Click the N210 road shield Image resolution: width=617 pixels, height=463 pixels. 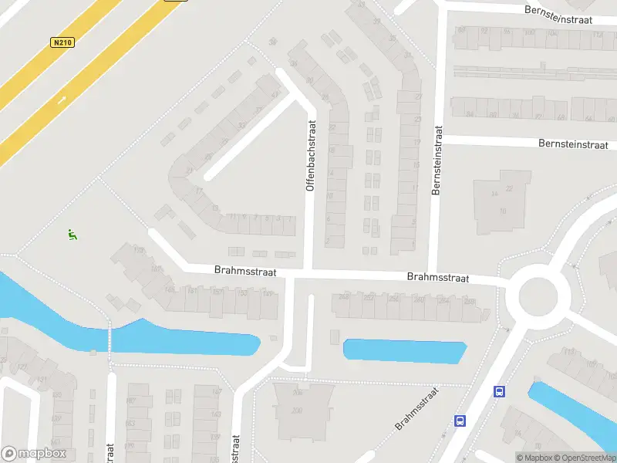(62, 42)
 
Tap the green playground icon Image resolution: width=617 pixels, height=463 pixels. (72, 235)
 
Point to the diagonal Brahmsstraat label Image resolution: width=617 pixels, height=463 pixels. (416, 409)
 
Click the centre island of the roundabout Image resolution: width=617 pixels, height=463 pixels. (538, 295)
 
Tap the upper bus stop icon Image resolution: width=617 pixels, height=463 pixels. (499, 391)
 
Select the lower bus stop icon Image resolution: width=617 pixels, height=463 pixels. (460, 421)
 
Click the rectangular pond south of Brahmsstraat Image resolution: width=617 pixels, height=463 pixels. (405, 351)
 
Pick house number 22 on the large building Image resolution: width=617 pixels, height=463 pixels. (509, 189)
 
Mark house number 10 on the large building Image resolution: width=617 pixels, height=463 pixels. (503, 211)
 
